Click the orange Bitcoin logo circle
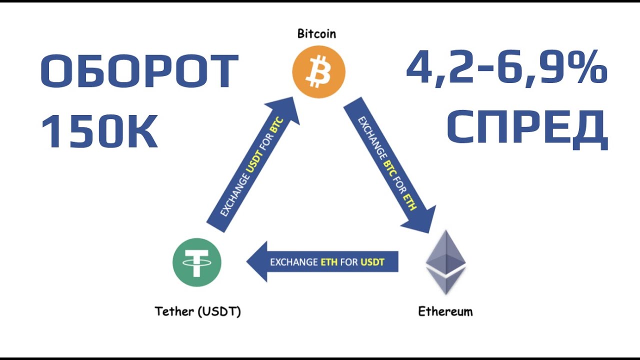point(318,72)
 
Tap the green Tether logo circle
point(196,262)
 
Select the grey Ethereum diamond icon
point(445,262)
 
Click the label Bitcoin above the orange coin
point(316,34)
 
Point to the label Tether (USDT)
point(198,311)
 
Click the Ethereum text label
point(445,311)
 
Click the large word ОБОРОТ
point(139,72)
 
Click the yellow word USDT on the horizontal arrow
point(372,262)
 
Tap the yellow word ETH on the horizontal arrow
point(328,262)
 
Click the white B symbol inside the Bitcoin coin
point(318,72)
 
